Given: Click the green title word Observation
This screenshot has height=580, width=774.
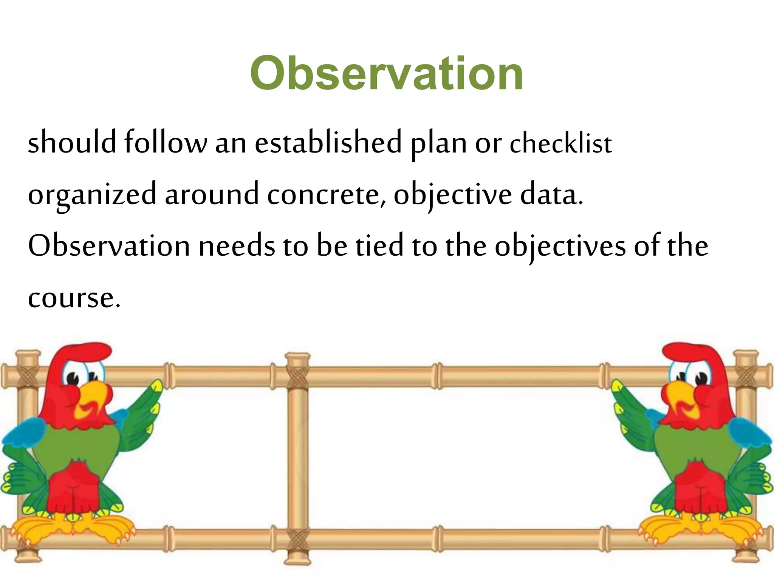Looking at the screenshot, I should [x=386, y=73].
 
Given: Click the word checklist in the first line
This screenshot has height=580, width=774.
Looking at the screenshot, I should [x=560, y=144].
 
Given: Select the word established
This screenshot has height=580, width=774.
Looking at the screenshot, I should [x=328, y=142].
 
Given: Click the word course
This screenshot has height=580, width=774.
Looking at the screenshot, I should [x=74, y=298].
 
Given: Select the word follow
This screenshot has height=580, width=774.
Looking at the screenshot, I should [x=166, y=142].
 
